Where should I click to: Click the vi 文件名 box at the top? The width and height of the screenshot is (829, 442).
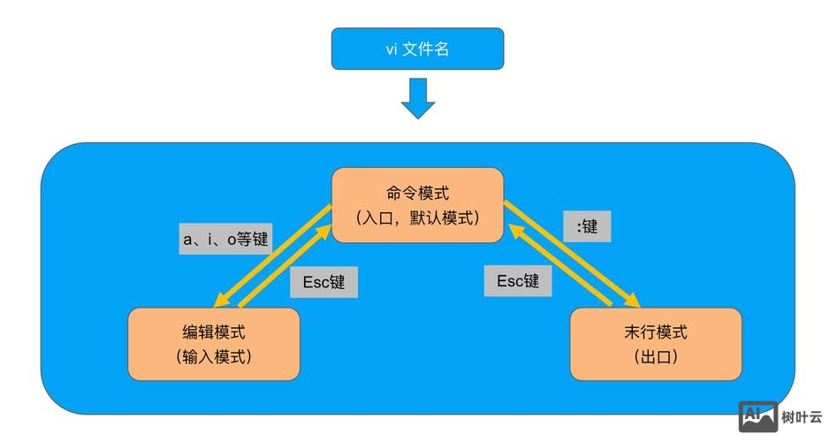(x=417, y=49)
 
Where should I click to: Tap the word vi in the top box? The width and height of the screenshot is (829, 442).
(x=391, y=50)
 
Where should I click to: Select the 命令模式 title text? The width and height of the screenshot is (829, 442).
(x=417, y=194)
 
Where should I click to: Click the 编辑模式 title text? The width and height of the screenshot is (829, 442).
(x=214, y=333)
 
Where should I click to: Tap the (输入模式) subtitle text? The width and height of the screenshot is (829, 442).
(x=214, y=357)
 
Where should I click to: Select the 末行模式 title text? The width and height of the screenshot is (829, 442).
(x=655, y=333)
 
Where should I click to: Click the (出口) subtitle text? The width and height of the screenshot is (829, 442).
(x=655, y=357)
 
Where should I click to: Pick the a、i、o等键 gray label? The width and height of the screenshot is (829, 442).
(x=225, y=239)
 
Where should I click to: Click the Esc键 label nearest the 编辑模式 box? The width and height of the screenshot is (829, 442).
(x=323, y=282)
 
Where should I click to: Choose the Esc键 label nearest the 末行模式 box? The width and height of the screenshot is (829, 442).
(x=518, y=281)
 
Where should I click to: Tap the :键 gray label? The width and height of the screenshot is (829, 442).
(x=586, y=226)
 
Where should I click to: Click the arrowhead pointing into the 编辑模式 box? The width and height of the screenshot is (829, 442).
(x=222, y=301)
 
